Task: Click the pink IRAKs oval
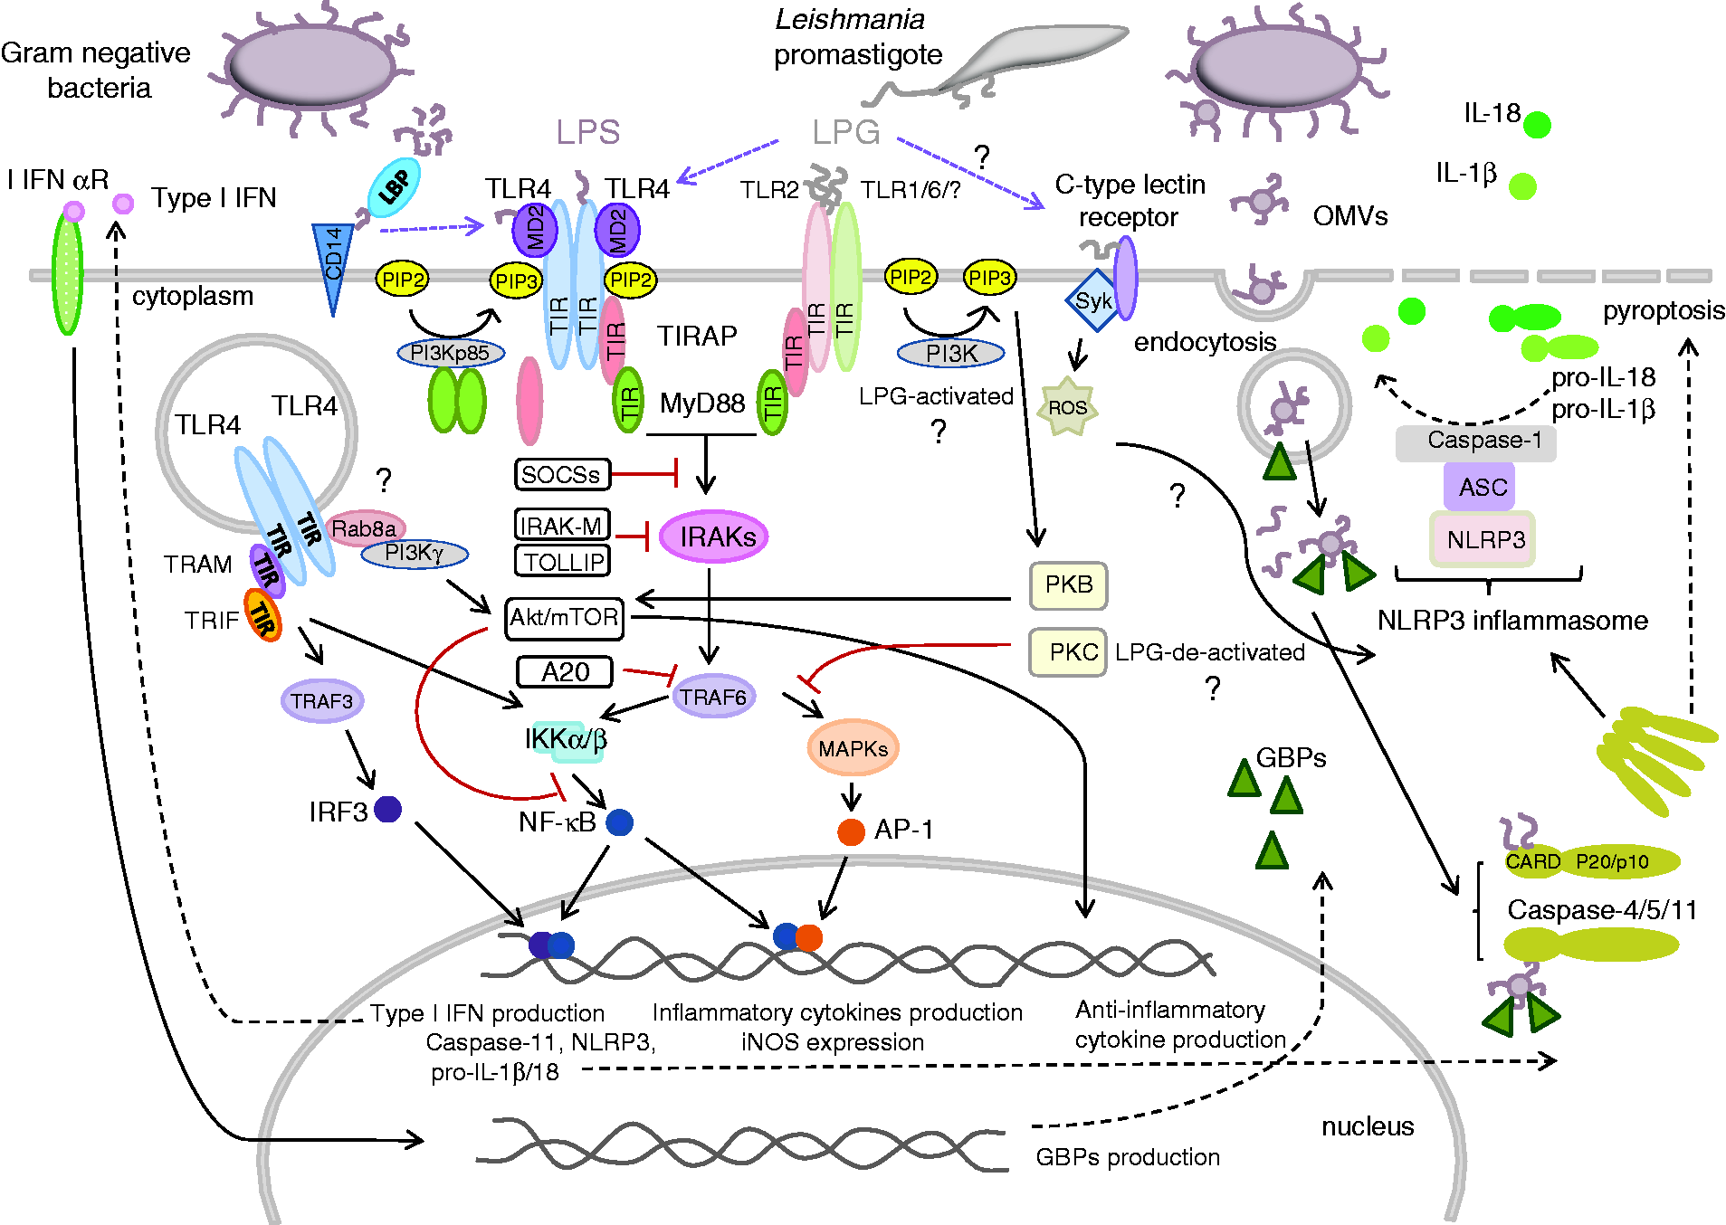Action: coord(714,537)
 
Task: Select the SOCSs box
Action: coord(562,474)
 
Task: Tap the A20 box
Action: coord(565,672)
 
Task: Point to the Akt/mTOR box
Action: coord(565,618)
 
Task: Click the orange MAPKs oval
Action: coord(853,748)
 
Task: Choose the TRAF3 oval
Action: coord(322,701)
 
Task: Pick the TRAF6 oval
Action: coord(714,697)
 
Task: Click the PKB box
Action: coord(1068,585)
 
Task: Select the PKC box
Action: coord(1068,652)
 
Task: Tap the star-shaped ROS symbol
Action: coord(1067,407)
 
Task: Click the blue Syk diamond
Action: coord(1094,300)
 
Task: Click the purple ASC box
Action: coord(1479,487)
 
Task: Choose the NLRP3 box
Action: coord(1483,540)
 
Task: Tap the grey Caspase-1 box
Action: coord(1476,442)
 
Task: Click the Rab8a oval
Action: coord(365,528)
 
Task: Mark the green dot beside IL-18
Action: coord(1537,125)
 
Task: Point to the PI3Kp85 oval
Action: coord(451,353)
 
